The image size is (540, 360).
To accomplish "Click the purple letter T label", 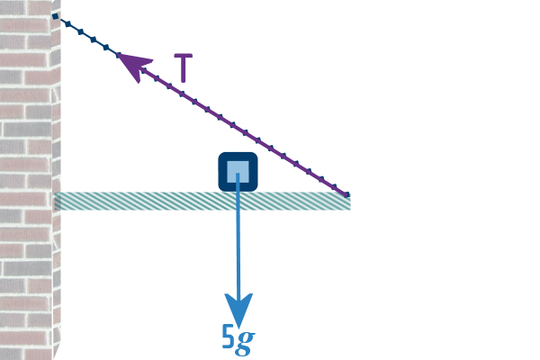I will pos(184,68).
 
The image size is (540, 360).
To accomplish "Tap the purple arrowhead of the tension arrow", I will pos(132,66).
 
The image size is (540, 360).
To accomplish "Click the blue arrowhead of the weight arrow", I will pos(238,310).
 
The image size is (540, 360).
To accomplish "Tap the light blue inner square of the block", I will pos(238,171).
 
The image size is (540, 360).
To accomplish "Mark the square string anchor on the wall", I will pos(56,16).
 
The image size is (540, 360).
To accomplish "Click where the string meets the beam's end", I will pos(346,193).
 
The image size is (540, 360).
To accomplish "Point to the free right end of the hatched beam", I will pos(347,202).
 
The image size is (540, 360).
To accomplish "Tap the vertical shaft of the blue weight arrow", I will pos(238,243).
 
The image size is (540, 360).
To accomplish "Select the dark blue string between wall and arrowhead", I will pos(86,36).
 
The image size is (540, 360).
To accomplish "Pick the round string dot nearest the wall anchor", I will pos(67,23).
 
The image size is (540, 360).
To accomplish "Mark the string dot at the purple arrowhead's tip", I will pos(119,55).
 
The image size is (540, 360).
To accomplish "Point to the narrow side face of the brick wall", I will pos(57,270).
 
